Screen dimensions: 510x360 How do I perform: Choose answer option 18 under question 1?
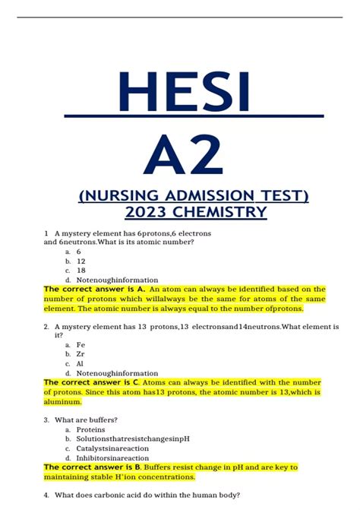(x=81, y=270)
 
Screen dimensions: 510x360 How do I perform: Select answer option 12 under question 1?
(x=81, y=261)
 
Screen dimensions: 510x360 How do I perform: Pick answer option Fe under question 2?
(x=81, y=344)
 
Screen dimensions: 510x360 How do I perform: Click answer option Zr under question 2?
(x=81, y=353)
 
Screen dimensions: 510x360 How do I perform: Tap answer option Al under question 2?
(x=81, y=363)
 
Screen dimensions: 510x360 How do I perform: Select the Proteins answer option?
(x=90, y=429)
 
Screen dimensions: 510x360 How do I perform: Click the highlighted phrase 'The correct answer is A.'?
(x=94, y=290)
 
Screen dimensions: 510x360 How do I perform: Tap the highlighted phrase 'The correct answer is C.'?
(x=94, y=382)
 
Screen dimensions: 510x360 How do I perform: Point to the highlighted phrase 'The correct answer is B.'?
(x=94, y=467)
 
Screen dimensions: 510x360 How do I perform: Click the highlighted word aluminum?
(x=62, y=401)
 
